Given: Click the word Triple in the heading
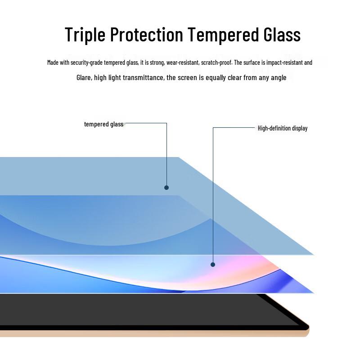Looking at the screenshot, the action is (x=85, y=35).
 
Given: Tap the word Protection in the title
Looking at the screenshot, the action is (x=147, y=34).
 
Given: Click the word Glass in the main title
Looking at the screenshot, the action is (x=282, y=34).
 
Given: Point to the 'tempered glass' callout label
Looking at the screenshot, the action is (x=104, y=124).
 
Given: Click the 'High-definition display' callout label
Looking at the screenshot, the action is (x=283, y=128).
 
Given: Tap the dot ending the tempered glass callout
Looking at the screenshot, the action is (x=166, y=188).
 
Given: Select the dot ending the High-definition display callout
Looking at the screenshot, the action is (x=213, y=265).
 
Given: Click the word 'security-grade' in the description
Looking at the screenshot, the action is (x=86, y=63).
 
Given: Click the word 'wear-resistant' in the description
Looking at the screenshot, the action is (x=183, y=63).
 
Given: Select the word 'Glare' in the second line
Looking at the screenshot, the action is (x=84, y=77).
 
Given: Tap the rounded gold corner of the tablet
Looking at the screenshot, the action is (x=306, y=331).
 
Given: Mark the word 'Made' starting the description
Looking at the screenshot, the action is (x=53, y=62).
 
